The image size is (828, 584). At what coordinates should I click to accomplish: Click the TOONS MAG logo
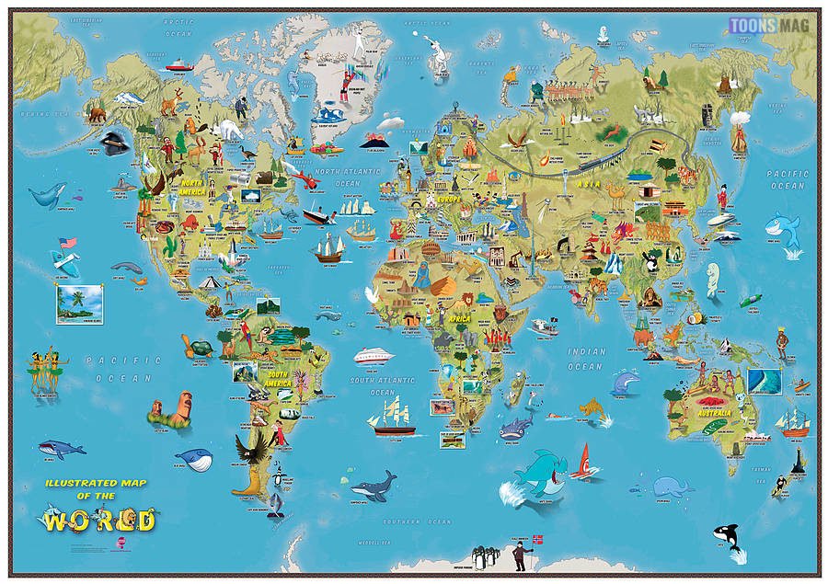point(769,26)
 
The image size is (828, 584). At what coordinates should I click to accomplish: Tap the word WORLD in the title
point(99,520)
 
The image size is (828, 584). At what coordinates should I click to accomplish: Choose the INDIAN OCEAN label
point(586,359)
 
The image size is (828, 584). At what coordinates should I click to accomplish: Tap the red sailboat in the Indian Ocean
point(583,462)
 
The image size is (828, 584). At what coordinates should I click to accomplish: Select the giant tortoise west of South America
point(199,347)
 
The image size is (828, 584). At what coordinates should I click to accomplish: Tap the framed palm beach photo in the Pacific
point(79,303)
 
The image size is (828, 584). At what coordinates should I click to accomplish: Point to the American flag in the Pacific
point(66,244)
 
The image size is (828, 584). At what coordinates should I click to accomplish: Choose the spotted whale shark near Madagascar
point(516,426)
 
